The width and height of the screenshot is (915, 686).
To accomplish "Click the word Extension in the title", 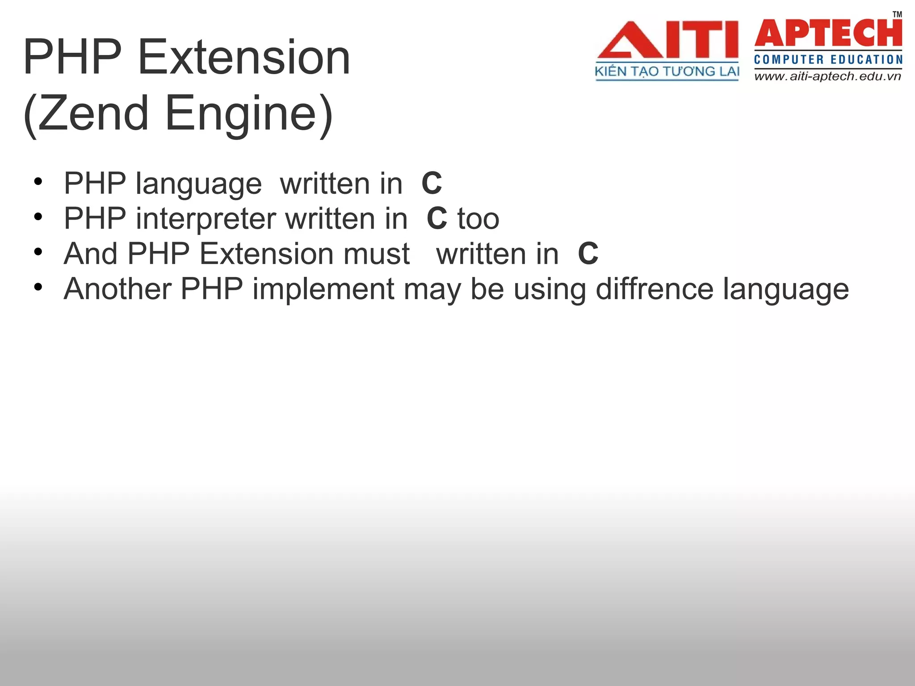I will (x=244, y=57).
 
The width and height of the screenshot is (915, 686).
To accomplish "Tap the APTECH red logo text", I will (x=828, y=33).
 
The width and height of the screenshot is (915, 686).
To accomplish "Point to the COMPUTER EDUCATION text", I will (x=828, y=59).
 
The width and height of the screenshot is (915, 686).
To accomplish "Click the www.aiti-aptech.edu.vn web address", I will (x=827, y=76).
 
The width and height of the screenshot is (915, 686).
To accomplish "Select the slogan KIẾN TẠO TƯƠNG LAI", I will (x=667, y=71).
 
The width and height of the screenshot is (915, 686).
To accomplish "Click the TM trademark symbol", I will (x=897, y=14).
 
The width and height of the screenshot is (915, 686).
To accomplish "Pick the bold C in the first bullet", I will (x=432, y=184).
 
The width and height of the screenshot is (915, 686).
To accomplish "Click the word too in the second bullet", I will (x=478, y=219).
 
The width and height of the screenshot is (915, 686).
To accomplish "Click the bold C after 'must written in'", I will (x=588, y=254).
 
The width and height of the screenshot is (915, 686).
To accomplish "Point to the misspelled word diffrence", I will (x=655, y=289).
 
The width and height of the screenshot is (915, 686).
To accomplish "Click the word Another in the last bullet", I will (x=118, y=289).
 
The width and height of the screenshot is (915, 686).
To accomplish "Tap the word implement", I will (x=323, y=289).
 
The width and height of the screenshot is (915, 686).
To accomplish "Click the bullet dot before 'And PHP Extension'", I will (x=38, y=252).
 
